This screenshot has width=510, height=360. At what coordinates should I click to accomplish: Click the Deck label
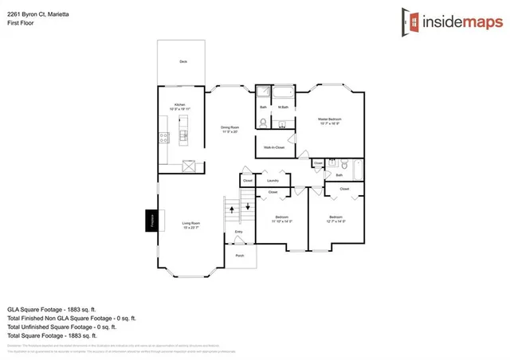coord(182,61)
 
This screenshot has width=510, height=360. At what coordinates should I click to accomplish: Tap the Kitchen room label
coord(181,107)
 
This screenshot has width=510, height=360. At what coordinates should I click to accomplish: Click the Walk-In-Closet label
coord(274,147)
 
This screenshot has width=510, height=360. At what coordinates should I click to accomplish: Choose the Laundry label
coord(273,181)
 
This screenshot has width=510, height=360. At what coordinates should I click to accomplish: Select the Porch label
coord(239,255)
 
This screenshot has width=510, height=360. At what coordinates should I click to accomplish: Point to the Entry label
coord(238,233)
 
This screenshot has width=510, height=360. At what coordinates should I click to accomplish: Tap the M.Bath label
coord(283,107)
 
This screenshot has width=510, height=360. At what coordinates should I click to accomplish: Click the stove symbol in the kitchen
coord(165,137)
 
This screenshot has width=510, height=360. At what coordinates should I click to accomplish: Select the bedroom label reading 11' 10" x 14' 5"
coord(281,219)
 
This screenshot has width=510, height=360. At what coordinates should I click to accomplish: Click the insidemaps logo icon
coord(410,20)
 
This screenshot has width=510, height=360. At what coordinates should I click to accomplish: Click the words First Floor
coord(22,23)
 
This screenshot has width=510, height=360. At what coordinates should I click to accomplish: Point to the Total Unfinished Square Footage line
coord(61,327)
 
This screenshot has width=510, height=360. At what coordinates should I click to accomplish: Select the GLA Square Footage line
coord(50,307)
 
